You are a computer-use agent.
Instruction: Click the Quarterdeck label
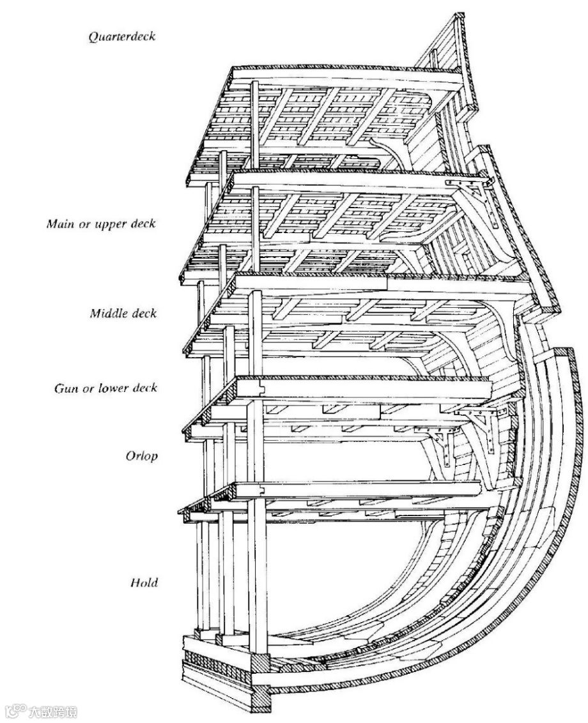pyautogui.click(x=123, y=36)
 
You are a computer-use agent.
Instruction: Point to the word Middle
pyautogui.click(x=105, y=314)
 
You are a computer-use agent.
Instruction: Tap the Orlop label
pyautogui.click(x=143, y=457)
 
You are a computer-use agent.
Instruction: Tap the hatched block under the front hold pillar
pyautogui.click(x=259, y=664)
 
